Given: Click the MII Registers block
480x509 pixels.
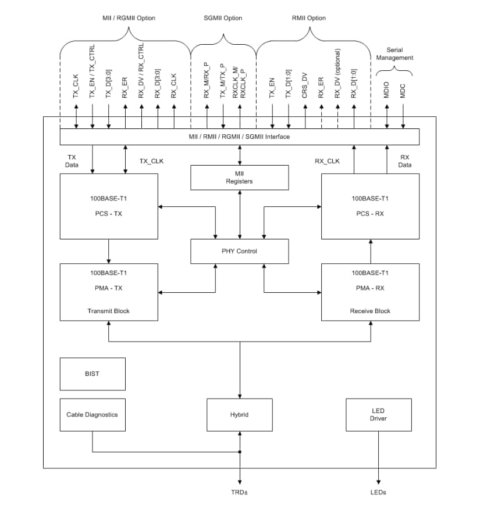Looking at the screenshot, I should (x=240, y=177).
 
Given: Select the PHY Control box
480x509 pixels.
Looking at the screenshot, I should (x=240, y=251).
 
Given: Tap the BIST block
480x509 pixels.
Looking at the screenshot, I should (x=92, y=374).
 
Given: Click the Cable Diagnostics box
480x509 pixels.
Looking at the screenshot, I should (x=92, y=414).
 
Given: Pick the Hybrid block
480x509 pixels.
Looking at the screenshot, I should (x=240, y=415).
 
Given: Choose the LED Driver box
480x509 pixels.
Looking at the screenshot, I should (x=379, y=415).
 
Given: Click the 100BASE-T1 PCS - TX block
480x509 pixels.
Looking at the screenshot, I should (x=109, y=206).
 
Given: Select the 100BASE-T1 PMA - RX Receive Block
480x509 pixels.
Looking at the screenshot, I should (x=370, y=292).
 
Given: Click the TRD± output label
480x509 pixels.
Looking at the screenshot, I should (x=240, y=492).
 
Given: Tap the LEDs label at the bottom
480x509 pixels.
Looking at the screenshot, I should (x=379, y=492).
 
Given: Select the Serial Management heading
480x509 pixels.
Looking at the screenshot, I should (x=394, y=54).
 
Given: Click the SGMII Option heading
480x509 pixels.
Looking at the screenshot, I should (x=223, y=18).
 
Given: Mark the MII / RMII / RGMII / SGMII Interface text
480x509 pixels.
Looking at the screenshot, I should (x=240, y=137).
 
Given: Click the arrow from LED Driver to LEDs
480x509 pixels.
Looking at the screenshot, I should (x=379, y=459).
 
